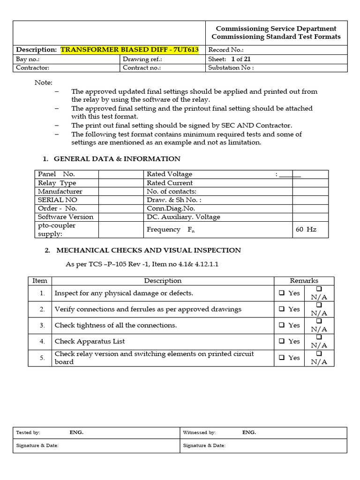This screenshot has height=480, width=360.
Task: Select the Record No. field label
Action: pos(225,50)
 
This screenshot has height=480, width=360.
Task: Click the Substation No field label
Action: pos(231,67)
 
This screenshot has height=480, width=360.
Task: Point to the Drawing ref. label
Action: pos(142,59)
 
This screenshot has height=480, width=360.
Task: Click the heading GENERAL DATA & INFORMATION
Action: pos(117,158)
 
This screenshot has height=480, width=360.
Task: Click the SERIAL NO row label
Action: pos(58,200)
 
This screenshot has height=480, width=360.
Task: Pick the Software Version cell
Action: pos(66,217)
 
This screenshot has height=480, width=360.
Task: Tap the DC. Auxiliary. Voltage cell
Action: pos(183,217)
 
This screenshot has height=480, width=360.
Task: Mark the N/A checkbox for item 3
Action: pos(319,321)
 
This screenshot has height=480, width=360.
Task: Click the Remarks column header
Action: pos(304,280)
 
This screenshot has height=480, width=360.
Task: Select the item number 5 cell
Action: pos(42,358)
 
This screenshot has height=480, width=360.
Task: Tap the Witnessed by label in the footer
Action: pos(199,432)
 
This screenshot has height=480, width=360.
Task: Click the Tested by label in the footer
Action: pos(28,432)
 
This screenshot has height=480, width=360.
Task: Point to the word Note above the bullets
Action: pos(44,82)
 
